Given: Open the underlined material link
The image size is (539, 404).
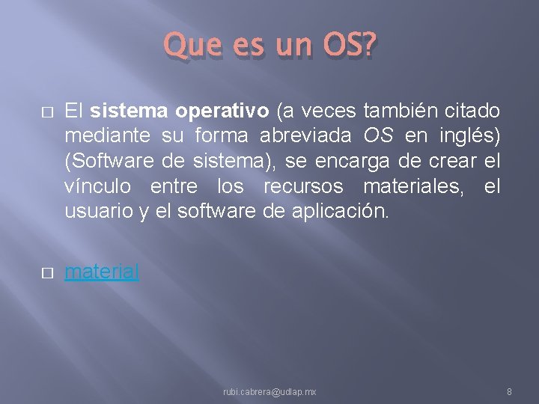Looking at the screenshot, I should coord(102,272).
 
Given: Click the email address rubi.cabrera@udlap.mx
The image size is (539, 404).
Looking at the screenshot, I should coord(269,392).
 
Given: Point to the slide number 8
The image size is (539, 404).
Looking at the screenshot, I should coord(509,392).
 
